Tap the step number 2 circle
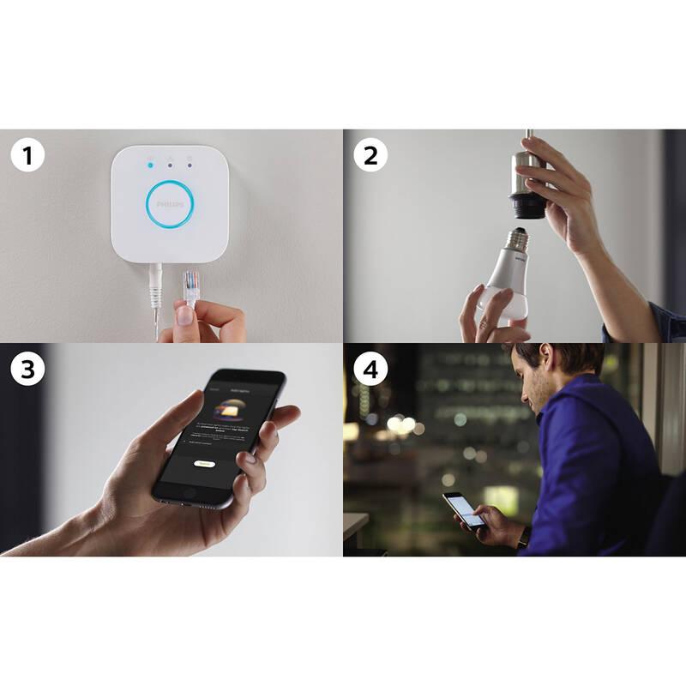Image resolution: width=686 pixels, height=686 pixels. [x=370, y=156]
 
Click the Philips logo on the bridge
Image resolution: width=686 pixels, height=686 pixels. [x=170, y=204]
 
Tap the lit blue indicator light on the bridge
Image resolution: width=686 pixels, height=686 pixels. [x=151, y=163]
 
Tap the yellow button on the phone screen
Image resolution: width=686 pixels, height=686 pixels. [x=203, y=463]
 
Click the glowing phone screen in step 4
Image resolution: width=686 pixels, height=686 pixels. [x=466, y=510]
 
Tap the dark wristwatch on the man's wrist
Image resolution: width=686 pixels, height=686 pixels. [x=524, y=538]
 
